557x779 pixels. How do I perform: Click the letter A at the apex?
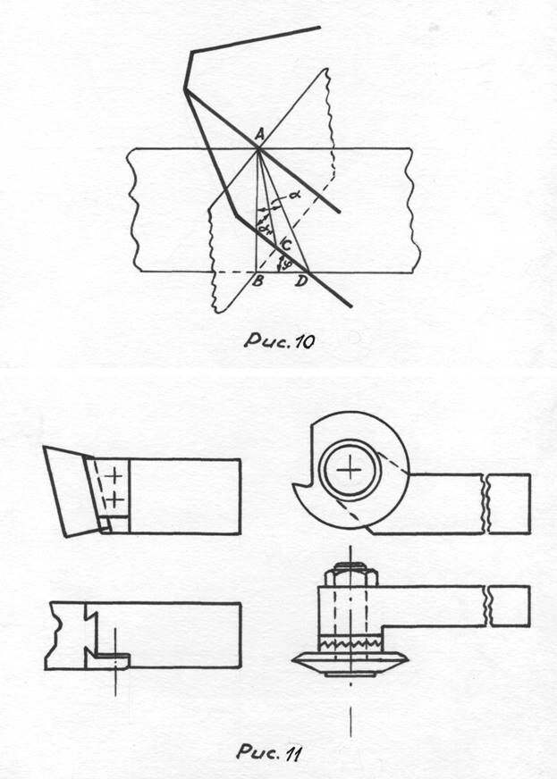[258, 134]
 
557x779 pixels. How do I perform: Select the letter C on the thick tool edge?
[285, 243]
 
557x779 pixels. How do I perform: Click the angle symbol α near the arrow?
[293, 193]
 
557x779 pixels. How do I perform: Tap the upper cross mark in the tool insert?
[115, 476]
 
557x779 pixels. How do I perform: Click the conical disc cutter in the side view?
[350, 662]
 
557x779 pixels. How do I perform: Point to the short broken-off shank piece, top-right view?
[508, 503]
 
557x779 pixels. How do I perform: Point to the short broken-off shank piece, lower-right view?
[508, 606]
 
